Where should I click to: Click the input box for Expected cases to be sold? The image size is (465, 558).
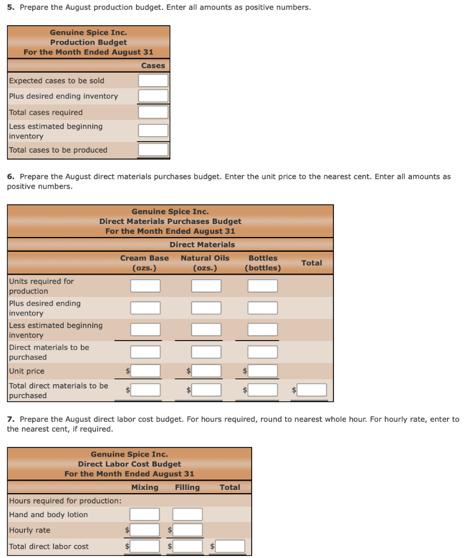[x=153, y=81]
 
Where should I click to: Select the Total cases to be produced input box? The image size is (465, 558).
[x=153, y=150]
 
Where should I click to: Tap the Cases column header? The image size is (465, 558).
[x=153, y=65]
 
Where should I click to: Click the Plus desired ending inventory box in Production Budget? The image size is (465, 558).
[x=153, y=96]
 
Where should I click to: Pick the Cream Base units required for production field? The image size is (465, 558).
[x=145, y=286]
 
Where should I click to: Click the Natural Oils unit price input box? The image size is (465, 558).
[x=206, y=371]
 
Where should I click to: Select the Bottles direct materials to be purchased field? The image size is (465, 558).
[x=263, y=352]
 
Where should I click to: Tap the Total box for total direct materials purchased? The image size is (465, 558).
[x=312, y=390]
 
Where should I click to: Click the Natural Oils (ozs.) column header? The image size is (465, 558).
[x=205, y=263]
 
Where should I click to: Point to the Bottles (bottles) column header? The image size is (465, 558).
[x=263, y=263]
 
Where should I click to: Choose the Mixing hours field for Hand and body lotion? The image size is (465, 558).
[x=145, y=514]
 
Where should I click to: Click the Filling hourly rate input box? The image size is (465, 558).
[x=187, y=530]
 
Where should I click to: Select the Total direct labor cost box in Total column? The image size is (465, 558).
[x=230, y=546]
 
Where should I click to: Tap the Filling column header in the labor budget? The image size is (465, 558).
[x=187, y=487]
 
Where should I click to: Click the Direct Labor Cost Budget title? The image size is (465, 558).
[x=129, y=464]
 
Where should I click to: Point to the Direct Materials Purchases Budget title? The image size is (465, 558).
[x=170, y=221]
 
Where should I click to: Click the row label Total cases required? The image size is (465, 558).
[x=46, y=112]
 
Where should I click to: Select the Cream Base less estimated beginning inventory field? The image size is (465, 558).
[x=145, y=330]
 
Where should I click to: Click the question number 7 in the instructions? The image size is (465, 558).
[x=10, y=419]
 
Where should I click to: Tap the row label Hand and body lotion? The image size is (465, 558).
[x=48, y=514]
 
